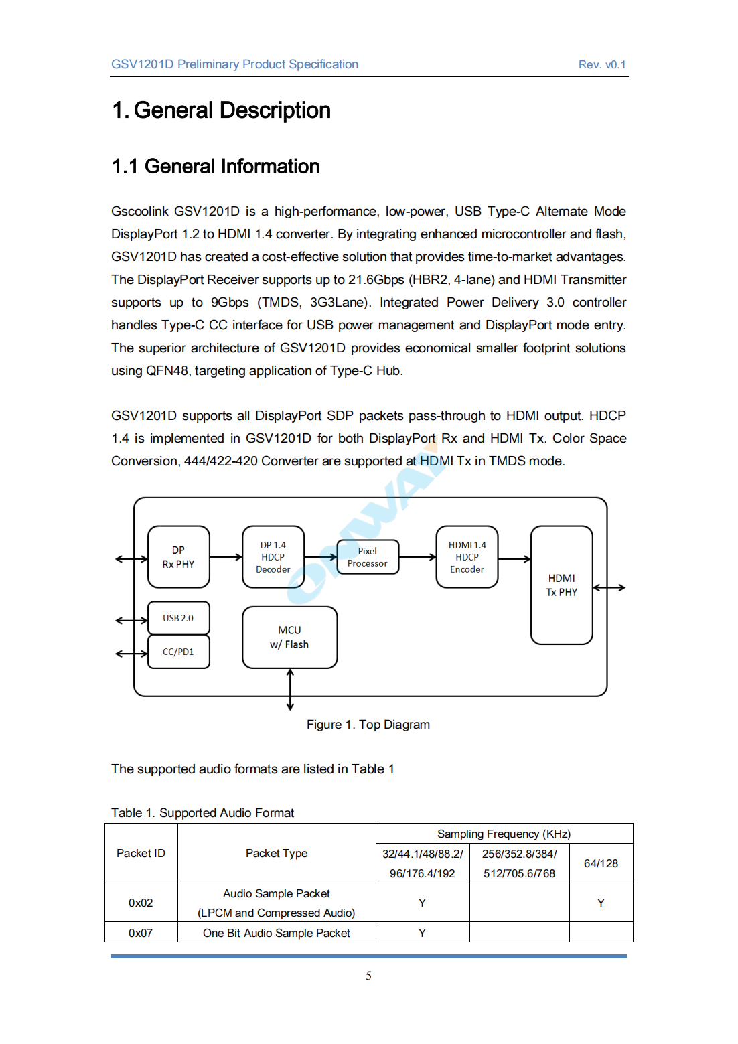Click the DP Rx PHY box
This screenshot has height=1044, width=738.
[178, 557]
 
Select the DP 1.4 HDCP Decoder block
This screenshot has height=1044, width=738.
[273, 557]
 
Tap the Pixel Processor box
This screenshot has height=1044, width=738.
[367, 557]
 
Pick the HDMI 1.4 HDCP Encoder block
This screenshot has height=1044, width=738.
[467, 557]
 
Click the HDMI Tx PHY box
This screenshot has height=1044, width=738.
[561, 585]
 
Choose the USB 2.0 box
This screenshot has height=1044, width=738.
[178, 618]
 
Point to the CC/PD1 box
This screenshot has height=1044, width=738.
[178, 652]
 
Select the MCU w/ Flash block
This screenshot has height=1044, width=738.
[289, 638]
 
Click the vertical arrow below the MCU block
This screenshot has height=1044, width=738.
[290, 689]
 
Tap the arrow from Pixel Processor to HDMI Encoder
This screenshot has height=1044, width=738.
[417, 557]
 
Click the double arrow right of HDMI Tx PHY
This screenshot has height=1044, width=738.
[609, 587]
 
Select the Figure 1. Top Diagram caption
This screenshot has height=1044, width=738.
[368, 725]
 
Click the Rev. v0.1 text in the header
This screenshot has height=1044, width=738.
[602, 65]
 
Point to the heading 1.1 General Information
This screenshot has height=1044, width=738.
[216, 167]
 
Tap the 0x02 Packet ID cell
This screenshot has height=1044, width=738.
[141, 903]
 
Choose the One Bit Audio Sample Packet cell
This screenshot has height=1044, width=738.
[277, 933]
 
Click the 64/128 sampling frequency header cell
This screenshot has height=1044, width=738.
[601, 863]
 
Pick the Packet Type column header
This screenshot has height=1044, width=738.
[277, 853]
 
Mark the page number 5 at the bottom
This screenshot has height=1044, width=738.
[368, 976]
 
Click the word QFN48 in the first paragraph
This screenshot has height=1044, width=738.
[167, 371]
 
